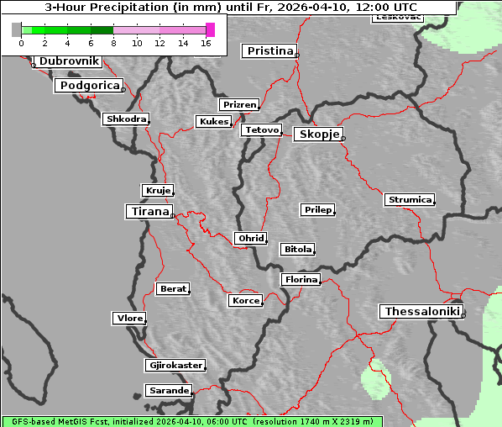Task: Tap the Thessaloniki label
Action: [x=421, y=312]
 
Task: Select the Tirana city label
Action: [x=149, y=212]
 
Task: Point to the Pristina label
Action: [x=269, y=51]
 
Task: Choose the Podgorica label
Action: [x=89, y=86]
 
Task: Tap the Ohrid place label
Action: [x=250, y=239]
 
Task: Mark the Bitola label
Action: [x=297, y=250]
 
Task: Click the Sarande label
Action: [x=168, y=391]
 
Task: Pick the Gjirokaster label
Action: [x=175, y=366]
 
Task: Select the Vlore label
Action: [x=128, y=319]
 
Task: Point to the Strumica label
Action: [x=410, y=200]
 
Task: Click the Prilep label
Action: [x=317, y=209]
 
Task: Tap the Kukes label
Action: [x=213, y=122]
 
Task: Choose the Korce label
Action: [x=245, y=301]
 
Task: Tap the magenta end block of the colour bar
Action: [x=210, y=29]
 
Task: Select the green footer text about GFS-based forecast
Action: [x=191, y=421]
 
